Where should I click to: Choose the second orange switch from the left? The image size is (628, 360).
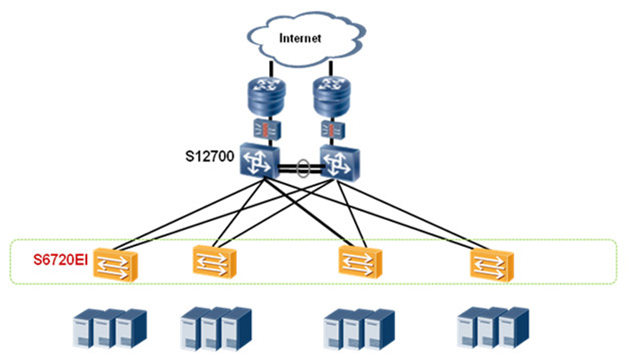(x=215, y=261)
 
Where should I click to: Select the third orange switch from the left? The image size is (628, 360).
(x=362, y=261)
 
